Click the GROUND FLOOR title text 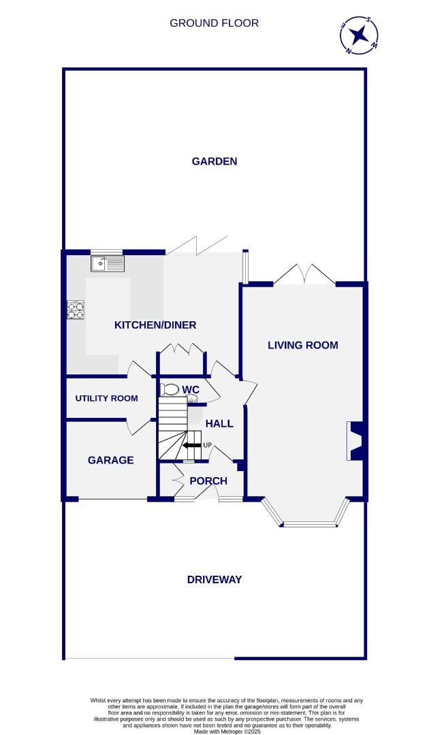pyautogui.click(x=214, y=23)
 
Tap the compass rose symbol pyautogui.click(x=359, y=35)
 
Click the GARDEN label pyautogui.click(x=214, y=161)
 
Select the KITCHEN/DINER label pyautogui.click(x=155, y=325)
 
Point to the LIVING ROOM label pyautogui.click(x=302, y=345)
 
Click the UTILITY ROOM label pyautogui.click(x=106, y=398)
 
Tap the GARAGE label pyautogui.click(x=110, y=460)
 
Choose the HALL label pyautogui.click(x=219, y=423)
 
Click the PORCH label pyautogui.click(x=208, y=481)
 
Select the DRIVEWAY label pyautogui.click(x=214, y=580)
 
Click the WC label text pyautogui.click(x=191, y=389)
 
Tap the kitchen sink pyautogui.click(x=108, y=262)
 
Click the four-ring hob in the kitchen pyautogui.click(x=76, y=310)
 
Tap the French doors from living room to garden pyautogui.click(x=304, y=275)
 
